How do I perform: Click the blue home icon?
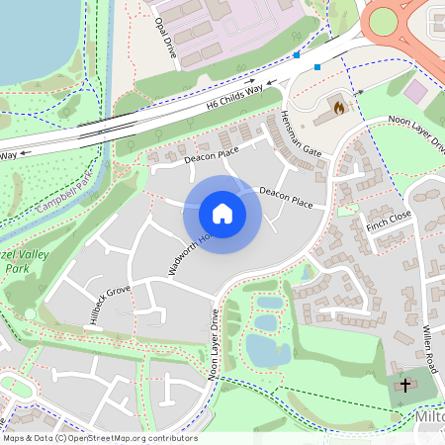tap(222, 214)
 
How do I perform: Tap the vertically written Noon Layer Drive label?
tap(213, 343)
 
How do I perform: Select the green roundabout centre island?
tap(383, 21)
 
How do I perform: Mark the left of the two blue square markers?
tap(296, 56)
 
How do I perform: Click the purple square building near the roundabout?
tap(416, 90)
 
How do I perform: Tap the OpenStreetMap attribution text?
tap(100, 437)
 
